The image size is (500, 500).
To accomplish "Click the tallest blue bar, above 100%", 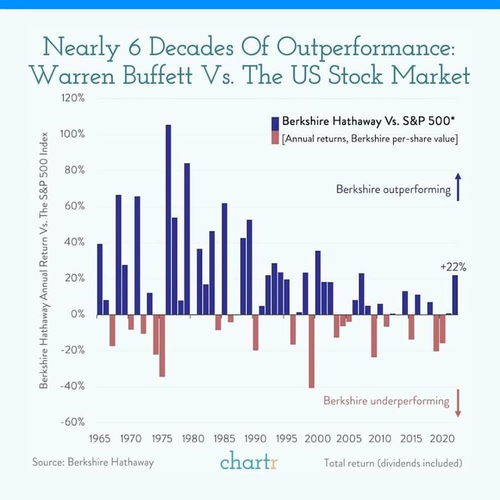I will tap(168, 219).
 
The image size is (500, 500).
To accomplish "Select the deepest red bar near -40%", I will tap(312, 351).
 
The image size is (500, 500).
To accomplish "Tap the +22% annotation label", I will tap(453, 266).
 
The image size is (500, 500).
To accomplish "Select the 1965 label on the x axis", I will tap(101, 437).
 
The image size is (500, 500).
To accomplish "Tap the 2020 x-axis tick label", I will tap(442, 437).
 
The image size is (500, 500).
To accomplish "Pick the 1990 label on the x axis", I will tap(255, 437).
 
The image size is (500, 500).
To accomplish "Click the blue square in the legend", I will tap(274, 123).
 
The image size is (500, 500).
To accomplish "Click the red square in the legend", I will tap(274, 138).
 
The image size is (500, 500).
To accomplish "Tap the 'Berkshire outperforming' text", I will tap(393, 190).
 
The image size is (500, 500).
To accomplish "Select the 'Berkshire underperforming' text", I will tap(387, 401).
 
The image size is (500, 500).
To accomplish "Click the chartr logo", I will tap(249, 462).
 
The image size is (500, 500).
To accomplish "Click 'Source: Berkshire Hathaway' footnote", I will tap(93, 462).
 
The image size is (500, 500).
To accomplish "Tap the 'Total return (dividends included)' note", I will tap(393, 462).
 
